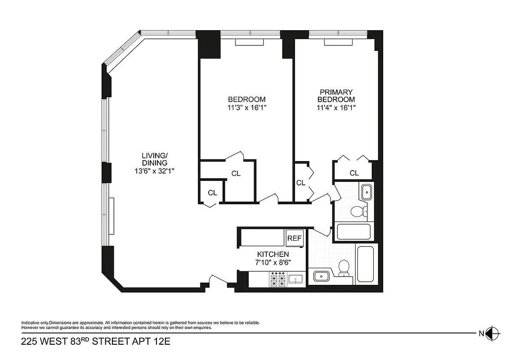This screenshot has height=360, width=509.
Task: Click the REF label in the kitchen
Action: [x=295, y=238]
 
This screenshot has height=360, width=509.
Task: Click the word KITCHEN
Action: [x=272, y=255]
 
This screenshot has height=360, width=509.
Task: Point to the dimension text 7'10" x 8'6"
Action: [x=272, y=262]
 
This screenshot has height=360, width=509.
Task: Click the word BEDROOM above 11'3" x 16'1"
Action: [x=246, y=99]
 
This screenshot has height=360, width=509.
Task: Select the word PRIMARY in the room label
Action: [x=336, y=92]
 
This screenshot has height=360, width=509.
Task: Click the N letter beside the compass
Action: [x=481, y=333]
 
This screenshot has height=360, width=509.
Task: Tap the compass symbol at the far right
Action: [x=493, y=333]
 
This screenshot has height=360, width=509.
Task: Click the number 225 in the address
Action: [x=29, y=342]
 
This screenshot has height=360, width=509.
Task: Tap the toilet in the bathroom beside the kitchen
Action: [x=344, y=267]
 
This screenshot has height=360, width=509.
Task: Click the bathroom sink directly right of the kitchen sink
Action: [x=320, y=276]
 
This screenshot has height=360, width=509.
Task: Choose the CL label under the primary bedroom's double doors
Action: [x=354, y=173]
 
